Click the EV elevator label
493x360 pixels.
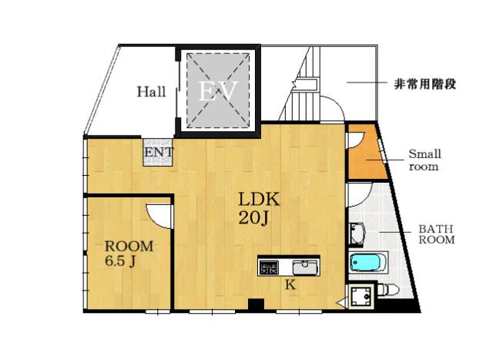click(x=217, y=91)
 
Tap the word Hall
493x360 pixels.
click(x=151, y=92)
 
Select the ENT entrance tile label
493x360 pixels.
click(x=159, y=153)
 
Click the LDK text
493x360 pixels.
click(x=259, y=199)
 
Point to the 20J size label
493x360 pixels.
click(x=254, y=217)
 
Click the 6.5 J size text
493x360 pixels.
click(x=121, y=261)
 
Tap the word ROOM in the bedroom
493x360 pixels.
click(x=129, y=246)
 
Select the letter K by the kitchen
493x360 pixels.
click(x=290, y=284)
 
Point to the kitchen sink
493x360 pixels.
click(x=305, y=267)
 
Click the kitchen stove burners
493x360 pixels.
click(x=269, y=267)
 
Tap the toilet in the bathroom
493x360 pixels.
click(x=387, y=290)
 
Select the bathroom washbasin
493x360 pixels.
click(x=357, y=234)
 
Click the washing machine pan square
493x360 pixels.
click(x=361, y=296)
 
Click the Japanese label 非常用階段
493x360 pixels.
click(x=424, y=84)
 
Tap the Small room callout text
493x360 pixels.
click(x=424, y=160)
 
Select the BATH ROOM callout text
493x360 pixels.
click(x=437, y=234)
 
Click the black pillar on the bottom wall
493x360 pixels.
click(x=256, y=304)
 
